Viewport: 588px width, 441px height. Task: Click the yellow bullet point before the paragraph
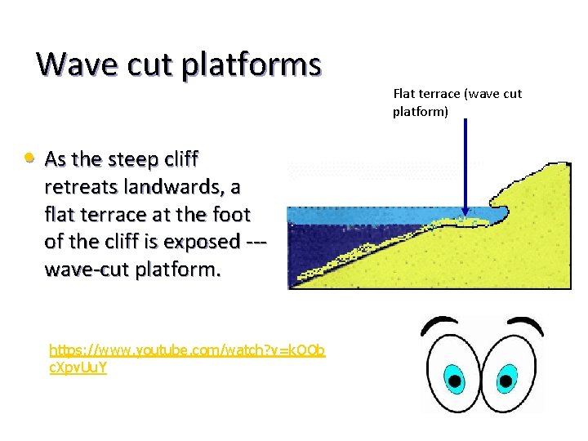(29, 156)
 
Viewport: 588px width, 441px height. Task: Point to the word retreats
(80, 187)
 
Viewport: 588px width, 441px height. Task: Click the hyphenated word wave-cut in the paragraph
(80, 270)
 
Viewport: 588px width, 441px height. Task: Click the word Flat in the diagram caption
(405, 94)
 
